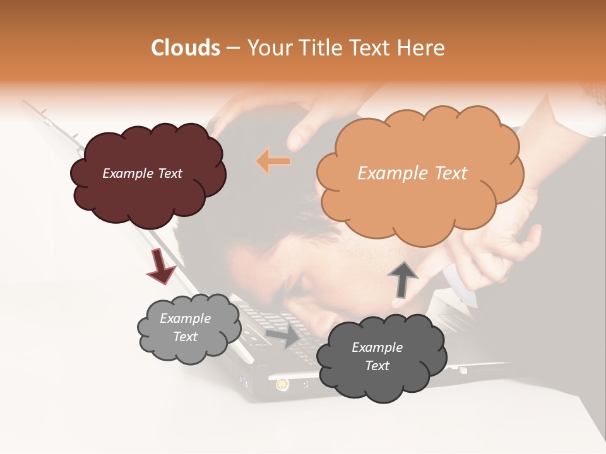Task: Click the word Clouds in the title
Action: coord(186,48)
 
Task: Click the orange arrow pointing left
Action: coord(273,161)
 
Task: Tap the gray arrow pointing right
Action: coord(283,335)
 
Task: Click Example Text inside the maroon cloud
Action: coord(142,173)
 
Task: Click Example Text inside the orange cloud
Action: coord(412,173)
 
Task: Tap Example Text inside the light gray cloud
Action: coord(185,327)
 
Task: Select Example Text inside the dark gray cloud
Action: coord(377,356)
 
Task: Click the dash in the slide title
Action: coord(232,48)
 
